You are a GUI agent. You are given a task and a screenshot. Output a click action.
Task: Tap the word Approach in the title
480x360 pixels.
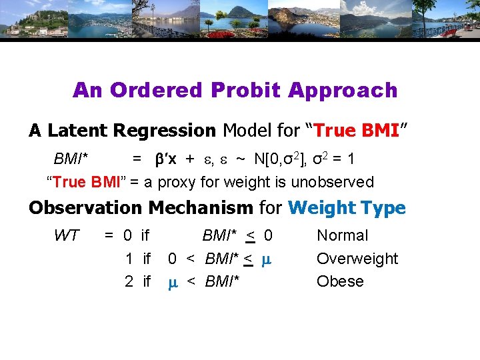tap(347, 90)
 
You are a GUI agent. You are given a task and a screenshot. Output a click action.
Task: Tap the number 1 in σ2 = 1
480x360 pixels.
tap(371, 159)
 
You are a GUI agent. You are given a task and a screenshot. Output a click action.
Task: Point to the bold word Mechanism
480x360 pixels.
tap(200, 208)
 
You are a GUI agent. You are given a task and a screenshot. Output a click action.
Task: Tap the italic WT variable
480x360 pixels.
tap(66, 235)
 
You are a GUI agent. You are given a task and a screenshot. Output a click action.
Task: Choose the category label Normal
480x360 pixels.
tap(342, 235)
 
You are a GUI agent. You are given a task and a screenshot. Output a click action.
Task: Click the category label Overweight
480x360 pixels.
tap(357, 259)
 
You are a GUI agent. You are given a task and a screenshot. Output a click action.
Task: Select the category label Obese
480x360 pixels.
tap(340, 281)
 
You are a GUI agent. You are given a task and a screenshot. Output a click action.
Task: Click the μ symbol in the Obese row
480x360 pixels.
tap(172, 282)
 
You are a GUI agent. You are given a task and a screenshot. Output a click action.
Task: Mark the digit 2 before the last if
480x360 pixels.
tap(129, 281)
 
